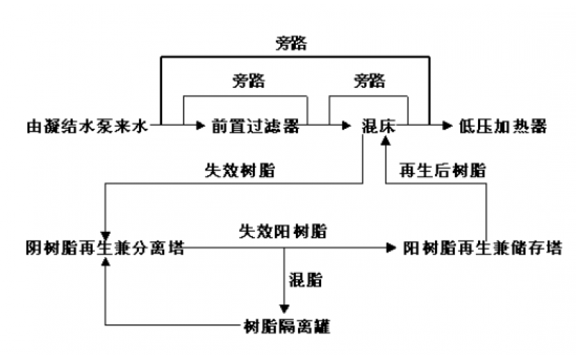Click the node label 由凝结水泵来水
84,127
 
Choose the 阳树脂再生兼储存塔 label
482,248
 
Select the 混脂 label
305,279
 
